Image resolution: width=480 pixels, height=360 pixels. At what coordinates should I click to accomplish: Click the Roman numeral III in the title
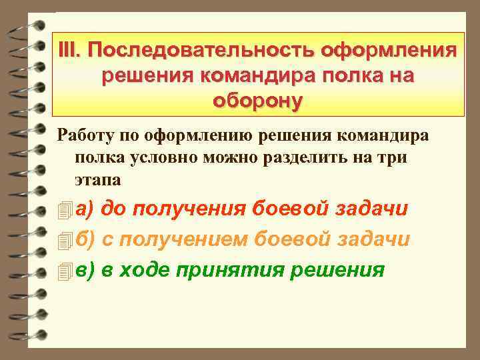(68, 50)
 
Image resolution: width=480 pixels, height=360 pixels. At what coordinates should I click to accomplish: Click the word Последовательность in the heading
(200, 50)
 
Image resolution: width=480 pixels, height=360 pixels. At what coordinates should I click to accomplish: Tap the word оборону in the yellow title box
(257, 101)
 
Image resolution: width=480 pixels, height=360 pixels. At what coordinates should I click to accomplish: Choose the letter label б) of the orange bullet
(85, 239)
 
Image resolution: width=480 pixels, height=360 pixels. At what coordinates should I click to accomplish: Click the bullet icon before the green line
(65, 271)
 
